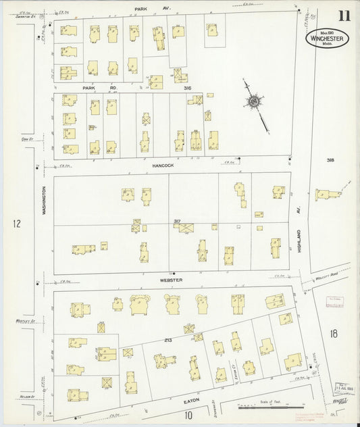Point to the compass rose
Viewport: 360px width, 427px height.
(x=254, y=102)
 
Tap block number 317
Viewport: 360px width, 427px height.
(x=178, y=221)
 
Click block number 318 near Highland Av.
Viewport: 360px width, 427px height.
(x=330, y=160)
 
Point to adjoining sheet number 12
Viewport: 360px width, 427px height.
(x=17, y=223)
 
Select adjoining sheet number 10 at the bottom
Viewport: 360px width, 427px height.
(x=190, y=415)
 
